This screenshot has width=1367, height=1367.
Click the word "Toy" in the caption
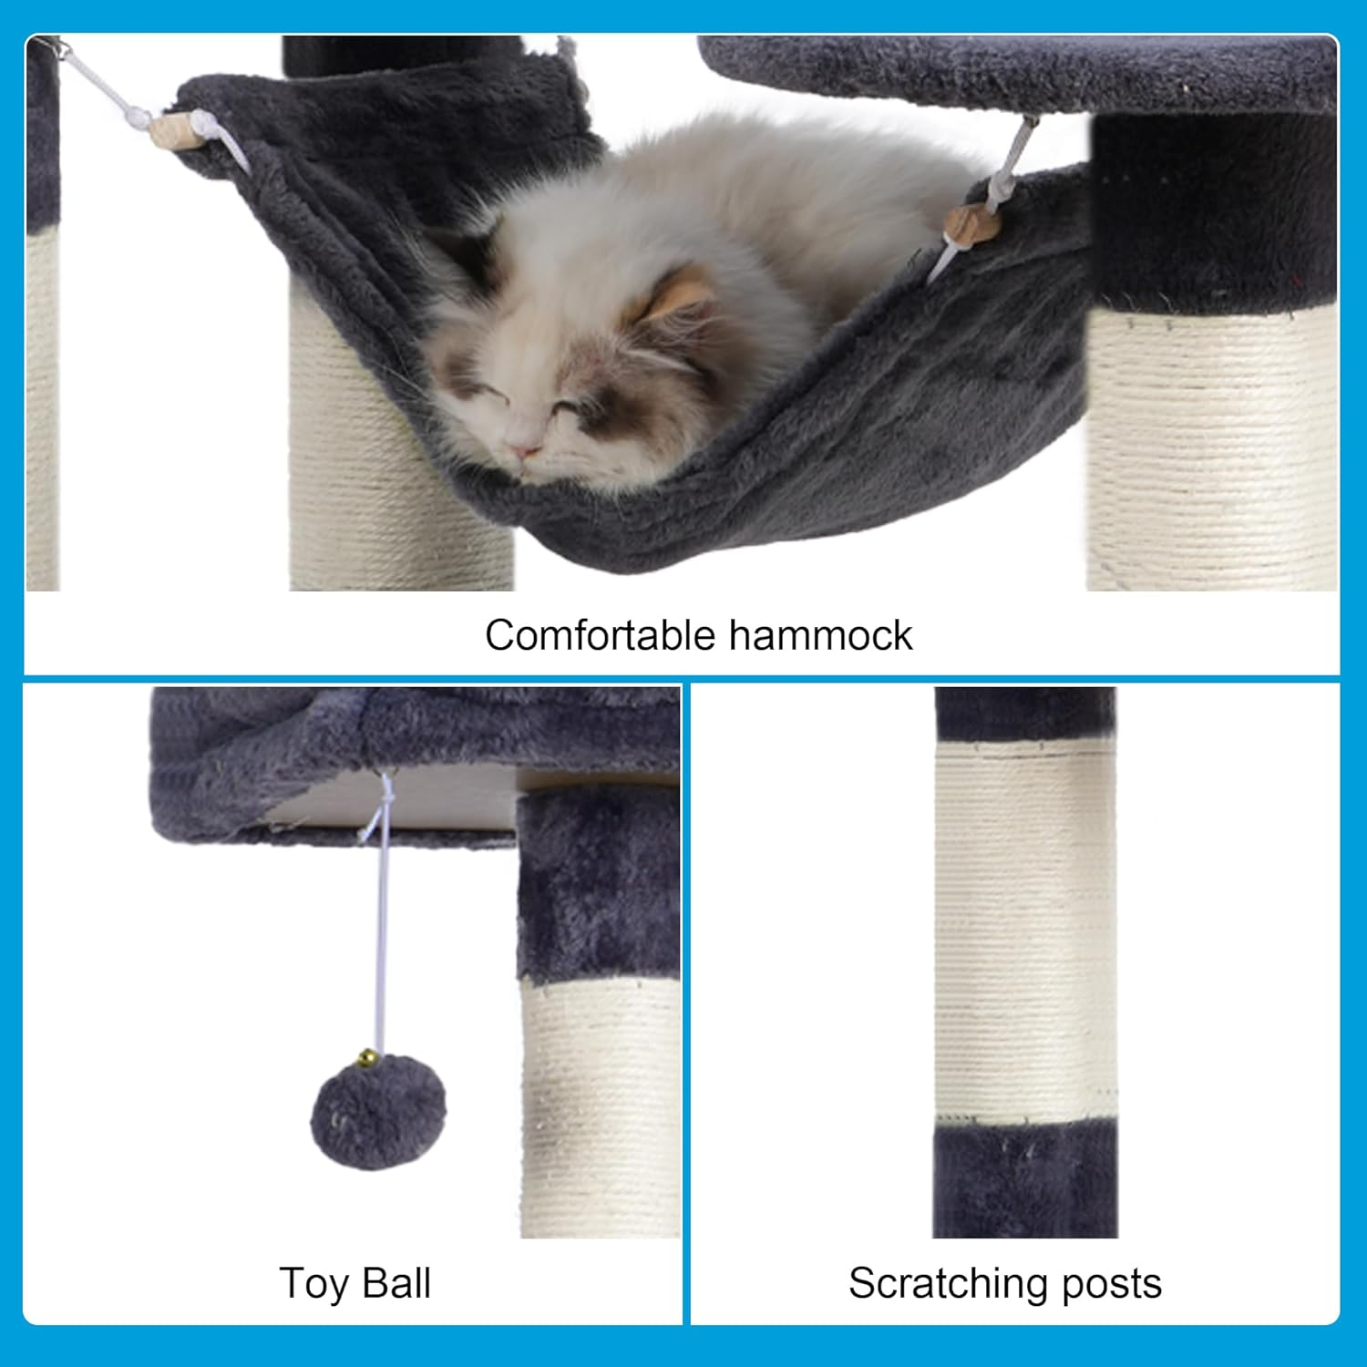point(314,1283)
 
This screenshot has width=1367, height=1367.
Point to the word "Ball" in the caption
point(396,1283)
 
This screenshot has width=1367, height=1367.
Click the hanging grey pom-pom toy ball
point(377,1113)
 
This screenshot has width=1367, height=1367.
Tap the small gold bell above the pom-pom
point(366,1057)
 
